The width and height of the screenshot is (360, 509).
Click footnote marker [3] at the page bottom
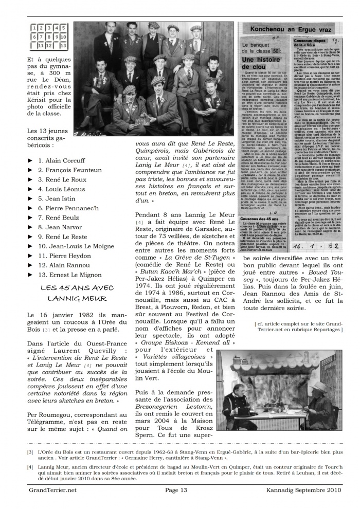pyautogui.click(x=31, y=452)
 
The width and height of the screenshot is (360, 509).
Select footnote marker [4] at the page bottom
pyautogui.click(x=31, y=467)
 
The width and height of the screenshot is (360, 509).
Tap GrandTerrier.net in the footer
pyautogui.click(x=52, y=490)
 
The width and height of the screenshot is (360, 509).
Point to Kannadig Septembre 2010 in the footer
pyautogui.click(x=308, y=490)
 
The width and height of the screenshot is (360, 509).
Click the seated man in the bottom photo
pyautogui.click(x=239, y=406)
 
